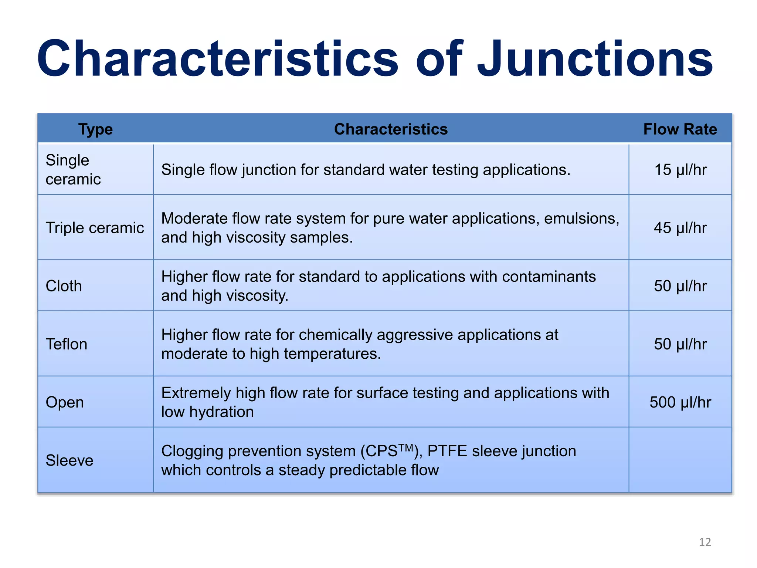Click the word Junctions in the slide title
595,59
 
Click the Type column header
95,129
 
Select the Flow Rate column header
680,129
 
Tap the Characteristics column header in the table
391,129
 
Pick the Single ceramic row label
73,170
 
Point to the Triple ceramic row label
95,228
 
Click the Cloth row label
64,286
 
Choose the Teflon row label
67,344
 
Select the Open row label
65,402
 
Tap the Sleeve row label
69,460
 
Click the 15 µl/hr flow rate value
680,170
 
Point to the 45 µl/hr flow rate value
680,228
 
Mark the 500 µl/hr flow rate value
680,402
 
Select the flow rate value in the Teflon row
680,344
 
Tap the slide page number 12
705,542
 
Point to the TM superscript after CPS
406,448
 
